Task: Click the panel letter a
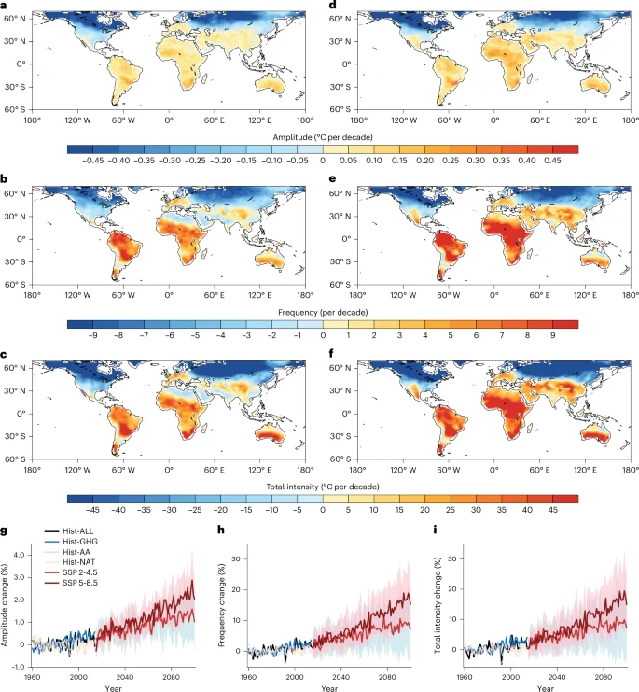click(x=4, y=5)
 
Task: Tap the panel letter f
click(x=332, y=354)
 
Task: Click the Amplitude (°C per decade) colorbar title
click(x=323, y=137)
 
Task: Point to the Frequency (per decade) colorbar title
click(x=323, y=313)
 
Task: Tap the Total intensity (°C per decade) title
click(x=323, y=487)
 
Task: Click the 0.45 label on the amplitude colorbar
click(x=552, y=161)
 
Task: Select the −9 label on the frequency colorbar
click(x=92, y=335)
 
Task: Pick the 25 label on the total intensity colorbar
click(x=451, y=510)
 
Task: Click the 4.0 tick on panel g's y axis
click(x=20, y=555)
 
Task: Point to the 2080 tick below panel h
click(x=387, y=677)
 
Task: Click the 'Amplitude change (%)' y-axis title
click(x=5, y=604)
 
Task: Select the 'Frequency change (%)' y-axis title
click(x=222, y=605)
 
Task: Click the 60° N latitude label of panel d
click(x=340, y=19)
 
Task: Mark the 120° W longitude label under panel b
click(x=78, y=295)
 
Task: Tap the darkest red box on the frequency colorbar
click(x=565, y=324)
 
